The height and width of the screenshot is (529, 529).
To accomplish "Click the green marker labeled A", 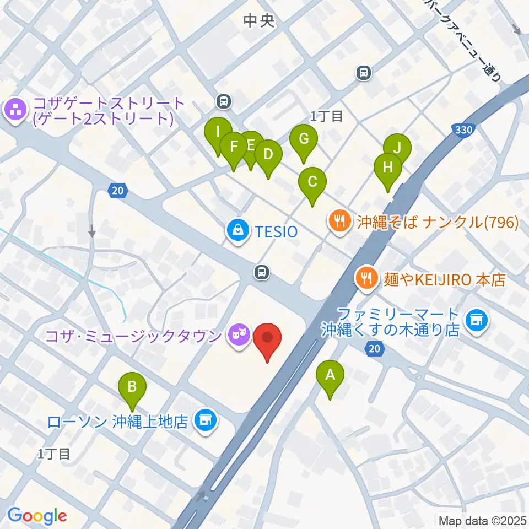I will [330, 376].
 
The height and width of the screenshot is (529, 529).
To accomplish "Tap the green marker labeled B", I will [132, 387].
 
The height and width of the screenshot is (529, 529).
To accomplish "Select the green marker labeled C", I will [312, 182].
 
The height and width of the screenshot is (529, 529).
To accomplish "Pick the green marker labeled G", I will [303, 139].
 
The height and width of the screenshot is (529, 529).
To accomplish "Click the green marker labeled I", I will [218, 132].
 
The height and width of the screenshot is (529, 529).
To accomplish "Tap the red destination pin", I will [268, 337].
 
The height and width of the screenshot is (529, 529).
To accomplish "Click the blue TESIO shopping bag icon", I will [237, 230].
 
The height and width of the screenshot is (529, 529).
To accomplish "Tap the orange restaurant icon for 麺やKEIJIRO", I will [365, 278].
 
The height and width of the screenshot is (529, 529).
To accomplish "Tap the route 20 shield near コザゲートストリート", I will [117, 191].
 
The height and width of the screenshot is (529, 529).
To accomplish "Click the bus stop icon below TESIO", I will [261, 271].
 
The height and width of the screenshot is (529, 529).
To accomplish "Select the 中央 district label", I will [258, 21].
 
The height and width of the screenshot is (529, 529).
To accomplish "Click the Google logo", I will [37, 516].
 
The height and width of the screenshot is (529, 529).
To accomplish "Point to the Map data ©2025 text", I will [482, 520].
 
